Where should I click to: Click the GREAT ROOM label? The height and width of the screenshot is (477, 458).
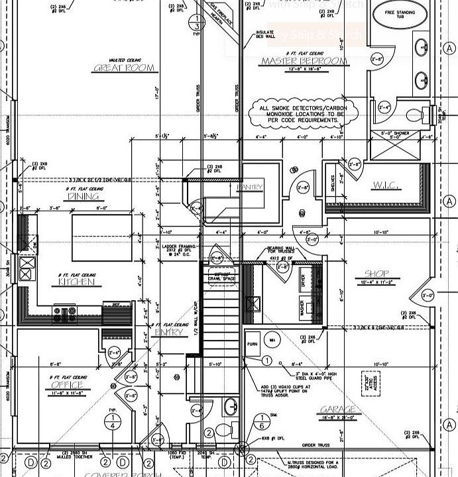tap(124, 68)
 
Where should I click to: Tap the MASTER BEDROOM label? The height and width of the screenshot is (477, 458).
tap(304, 62)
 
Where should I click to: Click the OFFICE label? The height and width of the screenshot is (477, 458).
tap(68, 385)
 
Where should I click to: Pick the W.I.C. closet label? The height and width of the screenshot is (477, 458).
tap(386, 185)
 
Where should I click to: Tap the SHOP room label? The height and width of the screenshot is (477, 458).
tap(376, 274)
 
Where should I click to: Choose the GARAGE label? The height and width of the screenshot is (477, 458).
tap(339, 409)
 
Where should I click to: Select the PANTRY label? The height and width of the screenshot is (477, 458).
tap(250, 187)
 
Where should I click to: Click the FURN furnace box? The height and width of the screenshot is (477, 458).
tap(252, 344)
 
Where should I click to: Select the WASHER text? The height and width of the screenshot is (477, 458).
tap(302, 308)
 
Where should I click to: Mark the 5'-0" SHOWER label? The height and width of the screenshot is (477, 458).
tap(396, 132)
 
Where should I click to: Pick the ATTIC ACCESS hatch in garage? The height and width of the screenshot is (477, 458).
tap(365, 383)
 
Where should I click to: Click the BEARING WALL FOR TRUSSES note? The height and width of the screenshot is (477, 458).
tap(280, 252)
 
